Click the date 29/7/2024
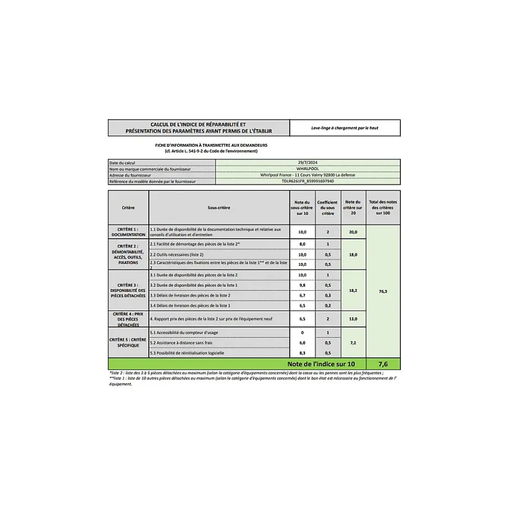[x=308, y=163]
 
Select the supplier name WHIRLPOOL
[x=308, y=169]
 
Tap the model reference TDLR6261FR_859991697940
[x=308, y=182]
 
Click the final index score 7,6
[x=383, y=364]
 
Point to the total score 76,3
[x=383, y=291]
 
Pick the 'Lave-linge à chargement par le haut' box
[x=345, y=128]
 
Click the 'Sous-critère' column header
[x=219, y=208]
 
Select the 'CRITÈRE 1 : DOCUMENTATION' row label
[x=128, y=232]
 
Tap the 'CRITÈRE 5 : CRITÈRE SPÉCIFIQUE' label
[x=128, y=342]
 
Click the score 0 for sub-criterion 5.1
[x=302, y=332]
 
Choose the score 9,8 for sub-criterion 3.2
[x=302, y=285]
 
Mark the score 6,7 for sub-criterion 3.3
[x=302, y=295]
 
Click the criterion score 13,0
[x=353, y=319]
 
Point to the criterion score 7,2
[x=353, y=343]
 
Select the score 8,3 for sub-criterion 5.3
[x=302, y=353]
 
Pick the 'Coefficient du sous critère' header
[x=327, y=208]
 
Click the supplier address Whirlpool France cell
[x=308, y=175]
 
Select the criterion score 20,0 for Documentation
[x=353, y=232]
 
